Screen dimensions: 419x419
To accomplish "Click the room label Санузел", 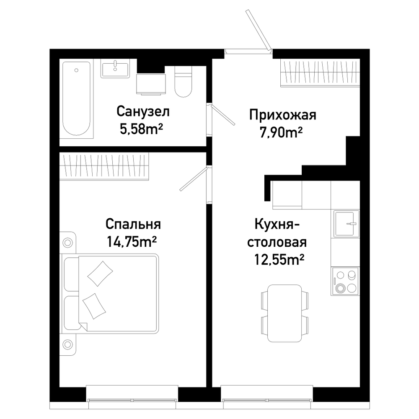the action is pos(143,111).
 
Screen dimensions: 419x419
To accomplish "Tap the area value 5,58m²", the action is pos(141,129).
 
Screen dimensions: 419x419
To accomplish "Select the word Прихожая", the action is pos(283,115).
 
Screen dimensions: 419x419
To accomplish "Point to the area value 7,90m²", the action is pos(281,132).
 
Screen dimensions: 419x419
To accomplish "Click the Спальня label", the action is pos(133,224).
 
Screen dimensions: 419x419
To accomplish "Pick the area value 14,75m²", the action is pos(132,242).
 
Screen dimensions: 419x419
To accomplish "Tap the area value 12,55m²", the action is pos(279,259).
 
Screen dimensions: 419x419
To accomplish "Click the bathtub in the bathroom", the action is pos(76,98).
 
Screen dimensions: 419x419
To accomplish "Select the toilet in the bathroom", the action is pos(184,81).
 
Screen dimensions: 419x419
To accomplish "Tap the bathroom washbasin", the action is pos(115,68).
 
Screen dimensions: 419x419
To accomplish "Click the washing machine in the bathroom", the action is pos(151,84).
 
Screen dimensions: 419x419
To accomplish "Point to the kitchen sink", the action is pos(347,224).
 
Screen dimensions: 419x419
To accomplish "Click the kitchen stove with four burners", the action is pos(345,281).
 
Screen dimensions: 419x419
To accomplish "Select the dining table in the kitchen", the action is pos(285,313).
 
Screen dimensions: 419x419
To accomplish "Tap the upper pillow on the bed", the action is pos(100,273).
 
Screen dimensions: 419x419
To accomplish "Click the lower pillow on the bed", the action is pos(94,306).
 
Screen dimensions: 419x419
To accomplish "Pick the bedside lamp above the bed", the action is pos(67,243).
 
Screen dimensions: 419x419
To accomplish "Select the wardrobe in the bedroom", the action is pos(104,166).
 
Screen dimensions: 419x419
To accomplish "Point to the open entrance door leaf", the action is pos(259,30).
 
